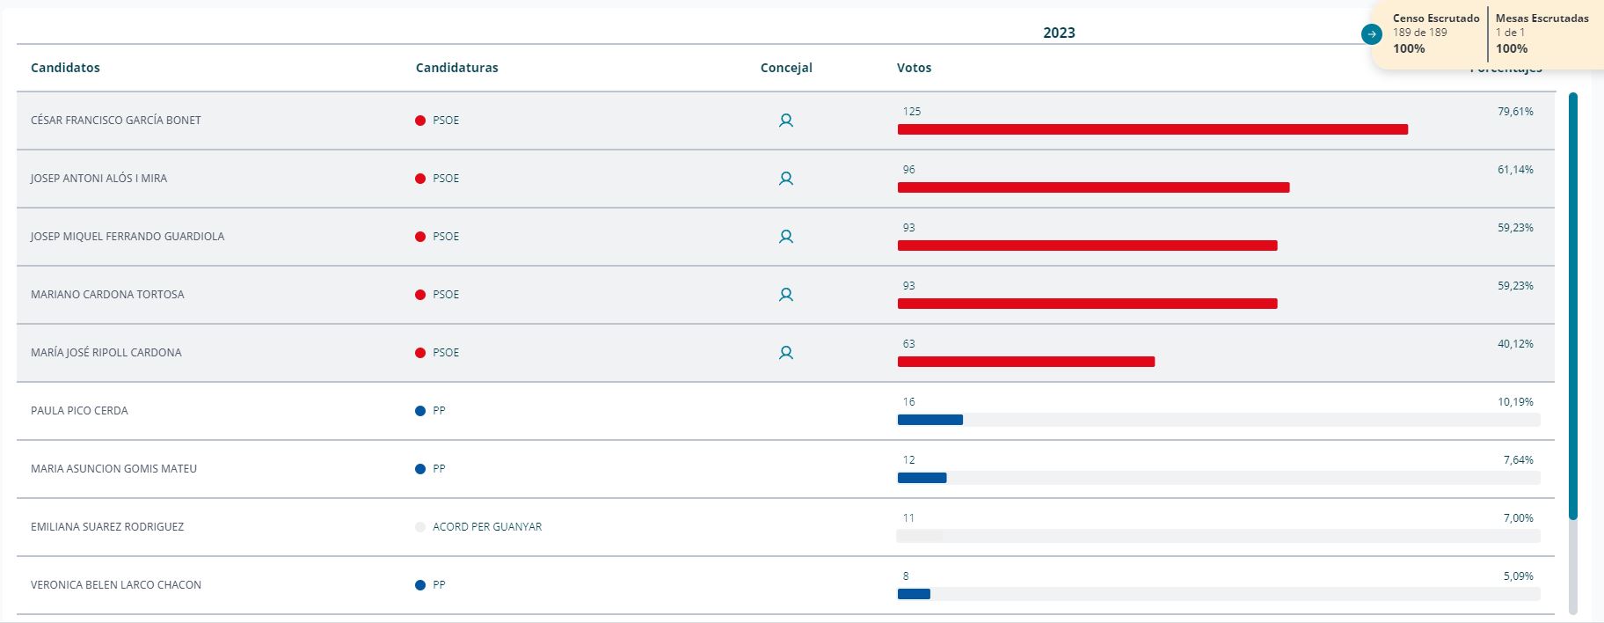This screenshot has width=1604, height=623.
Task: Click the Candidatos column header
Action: (65, 68)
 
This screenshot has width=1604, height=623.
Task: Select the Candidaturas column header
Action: (456, 68)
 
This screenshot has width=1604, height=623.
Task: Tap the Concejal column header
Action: (786, 68)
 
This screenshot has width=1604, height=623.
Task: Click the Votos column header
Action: (914, 68)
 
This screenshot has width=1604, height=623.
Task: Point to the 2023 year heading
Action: (1059, 33)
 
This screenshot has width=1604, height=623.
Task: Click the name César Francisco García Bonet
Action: (116, 121)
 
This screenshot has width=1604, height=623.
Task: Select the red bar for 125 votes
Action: (1152, 129)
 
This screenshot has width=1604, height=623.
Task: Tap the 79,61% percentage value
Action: (1515, 112)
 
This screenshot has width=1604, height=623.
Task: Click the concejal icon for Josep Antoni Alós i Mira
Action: (786, 179)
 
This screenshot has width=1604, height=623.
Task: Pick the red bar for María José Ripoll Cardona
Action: (1025, 362)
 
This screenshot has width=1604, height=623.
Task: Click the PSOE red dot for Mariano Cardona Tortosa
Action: (420, 295)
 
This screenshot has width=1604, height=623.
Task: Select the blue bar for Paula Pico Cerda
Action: (930, 420)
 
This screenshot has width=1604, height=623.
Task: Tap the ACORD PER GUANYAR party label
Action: (487, 527)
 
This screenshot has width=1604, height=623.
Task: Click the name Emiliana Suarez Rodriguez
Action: (107, 527)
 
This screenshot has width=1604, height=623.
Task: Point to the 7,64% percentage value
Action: (1518, 460)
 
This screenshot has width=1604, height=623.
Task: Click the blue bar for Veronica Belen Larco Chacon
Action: (914, 594)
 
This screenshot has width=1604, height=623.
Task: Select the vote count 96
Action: (908, 170)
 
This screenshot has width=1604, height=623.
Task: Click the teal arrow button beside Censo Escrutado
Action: (1371, 34)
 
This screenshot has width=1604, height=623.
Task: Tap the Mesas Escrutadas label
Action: (1542, 18)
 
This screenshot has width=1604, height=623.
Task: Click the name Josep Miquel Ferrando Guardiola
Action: (128, 237)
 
